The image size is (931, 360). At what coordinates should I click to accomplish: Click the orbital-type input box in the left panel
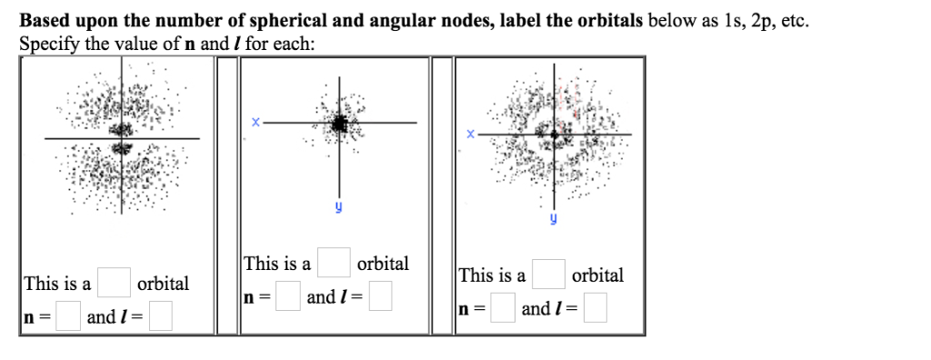point(114,284)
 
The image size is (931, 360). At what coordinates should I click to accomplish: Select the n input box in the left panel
point(67,316)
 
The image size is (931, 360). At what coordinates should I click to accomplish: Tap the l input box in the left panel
point(162,316)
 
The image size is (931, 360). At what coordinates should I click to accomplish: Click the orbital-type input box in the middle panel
point(334,264)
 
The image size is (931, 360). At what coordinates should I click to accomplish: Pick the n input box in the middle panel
point(288,296)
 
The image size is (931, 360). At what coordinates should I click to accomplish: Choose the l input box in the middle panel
point(380,296)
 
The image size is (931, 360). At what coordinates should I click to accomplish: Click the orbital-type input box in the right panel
point(548,275)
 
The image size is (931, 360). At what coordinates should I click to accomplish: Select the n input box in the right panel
point(503,308)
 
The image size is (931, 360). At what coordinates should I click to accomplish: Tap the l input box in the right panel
point(596,308)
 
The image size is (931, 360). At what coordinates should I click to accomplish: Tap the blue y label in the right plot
point(552,219)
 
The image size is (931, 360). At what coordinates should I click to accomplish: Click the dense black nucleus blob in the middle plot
point(339,124)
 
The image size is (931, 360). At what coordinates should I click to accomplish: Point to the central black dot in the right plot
point(554,135)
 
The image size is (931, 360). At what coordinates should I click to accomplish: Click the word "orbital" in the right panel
point(597,275)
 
